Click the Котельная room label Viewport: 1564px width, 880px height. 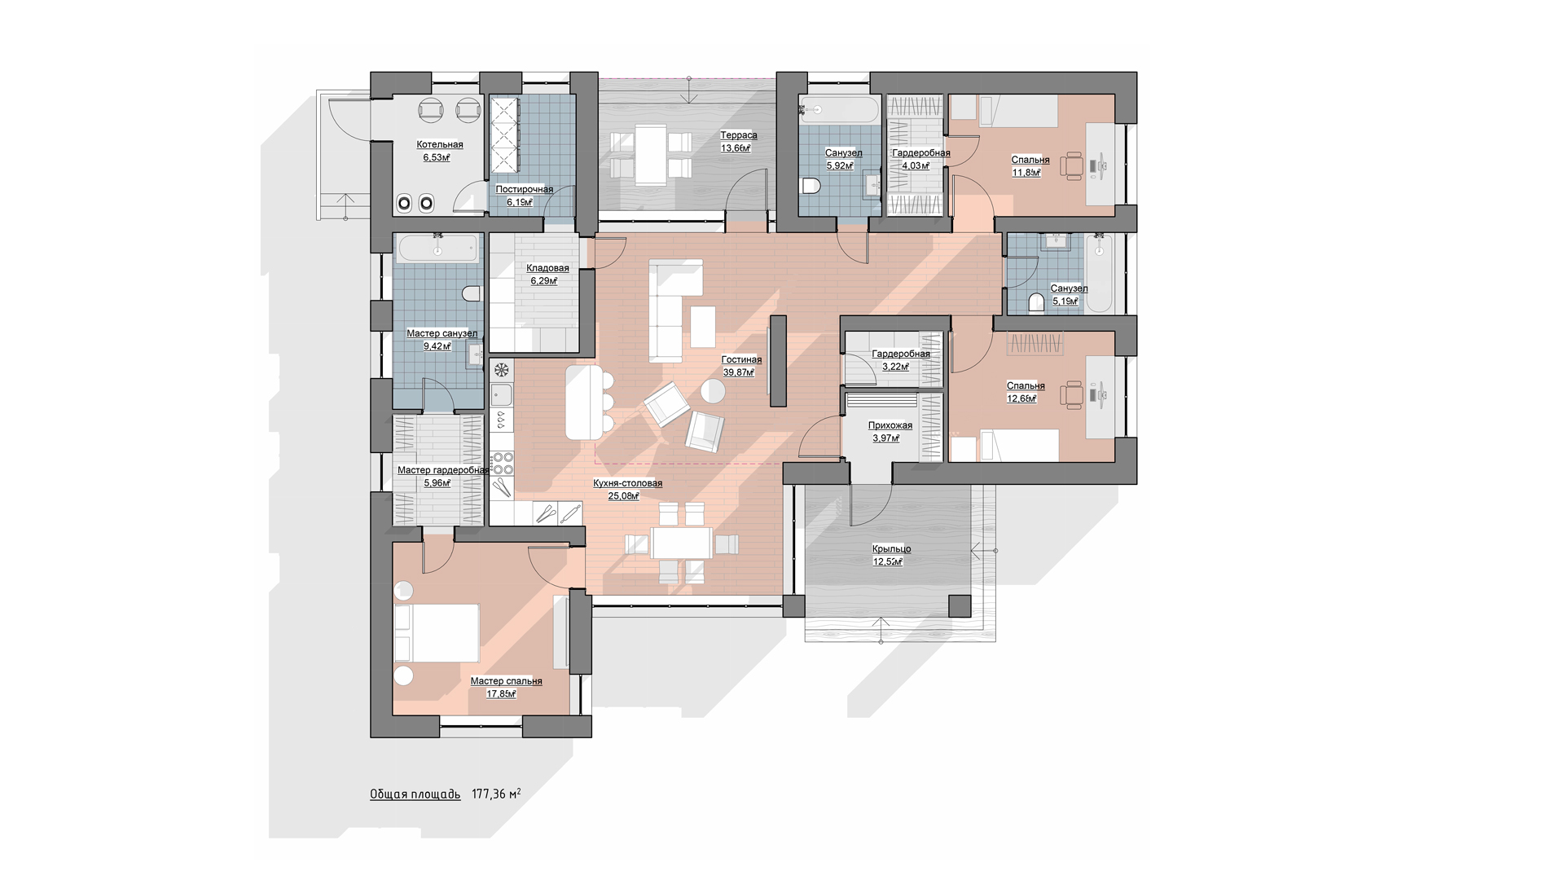pos(440,145)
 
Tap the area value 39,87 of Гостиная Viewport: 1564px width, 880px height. pos(739,372)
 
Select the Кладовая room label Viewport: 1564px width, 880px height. pos(547,268)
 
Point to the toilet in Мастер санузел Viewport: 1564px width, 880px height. pos(472,293)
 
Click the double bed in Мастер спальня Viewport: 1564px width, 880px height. pos(436,633)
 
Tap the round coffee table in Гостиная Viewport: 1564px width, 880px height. pos(713,392)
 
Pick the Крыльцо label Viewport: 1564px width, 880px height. pos(891,549)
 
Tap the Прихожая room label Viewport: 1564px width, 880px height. pos(890,425)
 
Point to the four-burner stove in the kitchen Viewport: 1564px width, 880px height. pos(503,463)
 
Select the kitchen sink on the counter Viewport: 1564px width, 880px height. pos(502,396)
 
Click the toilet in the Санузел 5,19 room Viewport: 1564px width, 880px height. pos(1036,303)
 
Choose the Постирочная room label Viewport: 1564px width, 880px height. pos(525,190)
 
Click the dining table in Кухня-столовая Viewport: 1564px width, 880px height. pos(681,543)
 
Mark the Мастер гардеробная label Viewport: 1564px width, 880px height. pos(443,470)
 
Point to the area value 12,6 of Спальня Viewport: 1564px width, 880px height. pos(1021,398)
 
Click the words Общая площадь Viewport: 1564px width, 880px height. pos(415,794)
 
